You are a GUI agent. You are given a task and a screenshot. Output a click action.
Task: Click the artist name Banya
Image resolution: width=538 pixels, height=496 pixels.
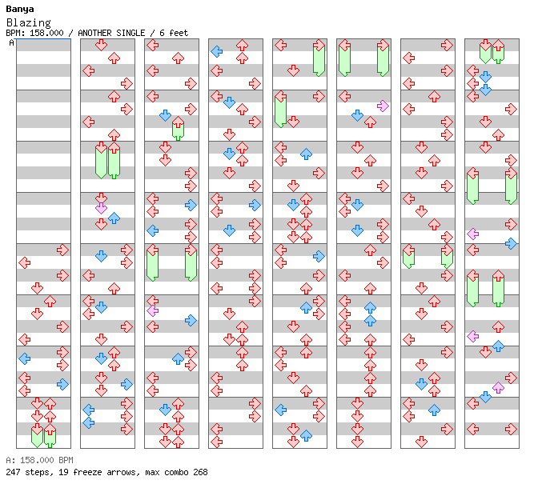(x=20, y=10)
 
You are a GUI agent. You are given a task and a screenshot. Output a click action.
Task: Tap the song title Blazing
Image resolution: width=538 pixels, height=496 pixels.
(x=29, y=22)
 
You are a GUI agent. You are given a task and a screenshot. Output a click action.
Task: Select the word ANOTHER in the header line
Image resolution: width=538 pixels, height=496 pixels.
(x=94, y=33)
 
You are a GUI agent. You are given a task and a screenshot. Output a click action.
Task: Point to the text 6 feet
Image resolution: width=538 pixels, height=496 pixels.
(x=174, y=33)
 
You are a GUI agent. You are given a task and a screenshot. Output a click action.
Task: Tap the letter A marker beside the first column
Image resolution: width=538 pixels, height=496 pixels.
(x=11, y=43)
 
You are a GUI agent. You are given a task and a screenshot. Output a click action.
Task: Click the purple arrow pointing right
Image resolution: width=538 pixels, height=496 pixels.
(x=383, y=106)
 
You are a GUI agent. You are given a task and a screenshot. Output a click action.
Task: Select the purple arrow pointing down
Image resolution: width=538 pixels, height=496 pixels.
(x=101, y=208)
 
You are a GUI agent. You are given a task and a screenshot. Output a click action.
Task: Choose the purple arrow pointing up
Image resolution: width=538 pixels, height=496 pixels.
(x=498, y=388)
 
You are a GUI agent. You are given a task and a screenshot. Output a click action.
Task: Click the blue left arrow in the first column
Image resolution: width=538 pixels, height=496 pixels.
(x=24, y=359)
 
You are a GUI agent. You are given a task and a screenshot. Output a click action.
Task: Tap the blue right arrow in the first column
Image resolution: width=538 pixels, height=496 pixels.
(x=62, y=384)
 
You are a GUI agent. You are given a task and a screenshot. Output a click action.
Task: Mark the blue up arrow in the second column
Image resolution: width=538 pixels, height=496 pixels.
(x=114, y=218)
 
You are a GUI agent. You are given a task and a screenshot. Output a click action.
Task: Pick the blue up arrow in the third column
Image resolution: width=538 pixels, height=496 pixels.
(x=178, y=359)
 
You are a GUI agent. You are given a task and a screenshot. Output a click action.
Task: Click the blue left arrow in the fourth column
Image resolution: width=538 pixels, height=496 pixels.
(x=216, y=52)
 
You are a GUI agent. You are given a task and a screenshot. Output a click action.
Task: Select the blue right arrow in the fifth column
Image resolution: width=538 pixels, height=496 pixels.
(x=319, y=256)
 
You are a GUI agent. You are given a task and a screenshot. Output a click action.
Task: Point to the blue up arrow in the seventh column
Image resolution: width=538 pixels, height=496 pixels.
(x=434, y=410)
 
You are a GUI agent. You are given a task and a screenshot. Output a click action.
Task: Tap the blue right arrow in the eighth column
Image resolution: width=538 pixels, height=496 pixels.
(x=511, y=243)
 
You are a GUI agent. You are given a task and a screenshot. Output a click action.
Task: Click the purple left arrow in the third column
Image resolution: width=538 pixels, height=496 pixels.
(x=152, y=311)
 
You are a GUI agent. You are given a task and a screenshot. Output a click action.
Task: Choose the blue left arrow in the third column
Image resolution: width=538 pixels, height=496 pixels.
(x=152, y=230)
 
